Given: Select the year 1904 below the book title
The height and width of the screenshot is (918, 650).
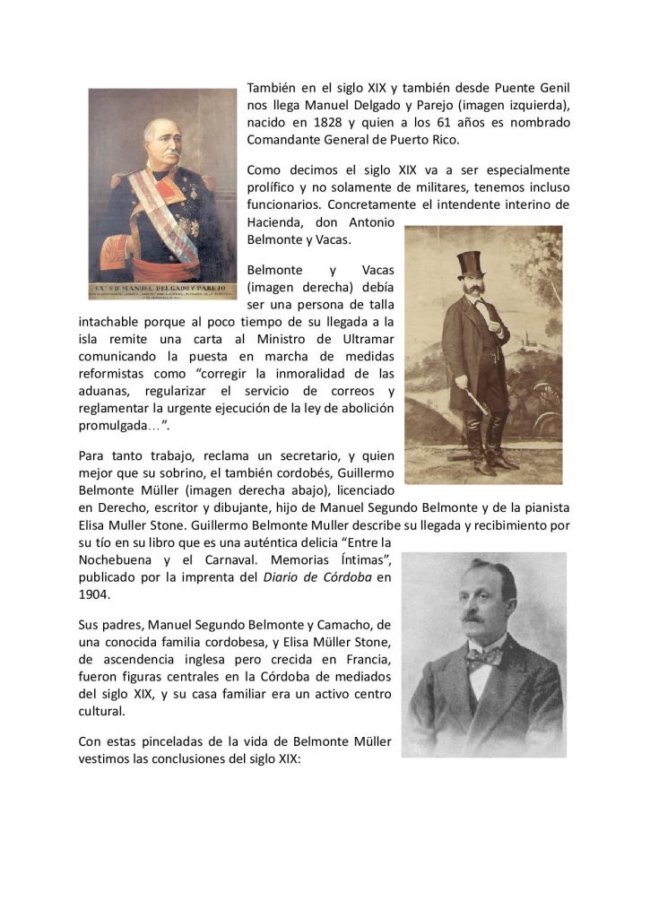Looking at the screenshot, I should [93, 593].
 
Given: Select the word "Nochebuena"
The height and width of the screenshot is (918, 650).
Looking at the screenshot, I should [117, 559].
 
